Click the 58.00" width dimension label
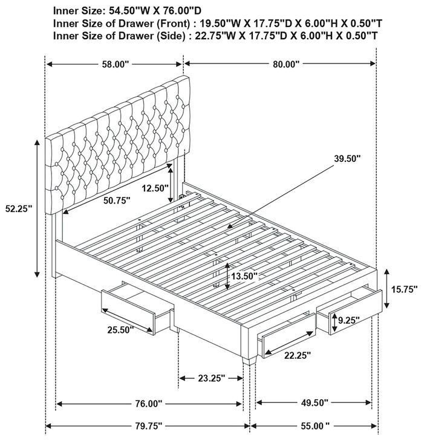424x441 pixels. point(114,63)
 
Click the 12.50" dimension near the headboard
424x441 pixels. point(155,188)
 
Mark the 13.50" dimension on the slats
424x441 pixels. point(242,276)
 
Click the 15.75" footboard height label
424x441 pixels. point(405,289)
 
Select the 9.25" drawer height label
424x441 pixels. point(350,320)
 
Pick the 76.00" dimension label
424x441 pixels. point(148,404)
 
